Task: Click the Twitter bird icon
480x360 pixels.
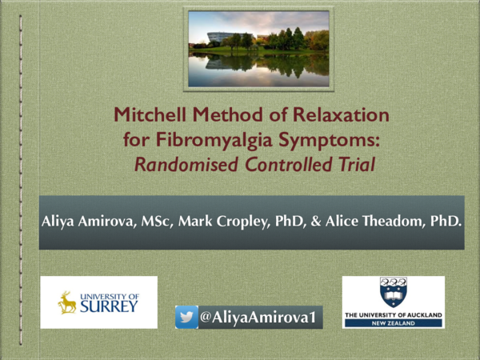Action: click(x=186, y=318)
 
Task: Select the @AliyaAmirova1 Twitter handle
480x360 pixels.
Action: click(x=257, y=318)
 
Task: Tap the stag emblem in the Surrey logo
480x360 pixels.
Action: click(x=67, y=302)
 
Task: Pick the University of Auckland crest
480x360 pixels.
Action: click(x=393, y=293)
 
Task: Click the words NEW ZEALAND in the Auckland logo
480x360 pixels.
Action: click(x=393, y=324)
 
